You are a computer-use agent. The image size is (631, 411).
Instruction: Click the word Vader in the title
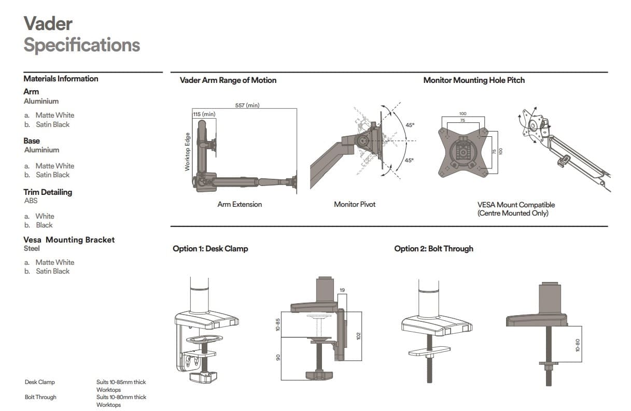[48, 24]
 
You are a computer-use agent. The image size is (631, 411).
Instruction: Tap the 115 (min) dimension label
[204, 114]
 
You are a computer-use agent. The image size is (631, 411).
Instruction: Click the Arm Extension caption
[240, 204]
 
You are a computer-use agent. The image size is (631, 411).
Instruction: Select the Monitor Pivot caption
[355, 204]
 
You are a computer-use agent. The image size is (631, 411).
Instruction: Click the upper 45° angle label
[409, 125]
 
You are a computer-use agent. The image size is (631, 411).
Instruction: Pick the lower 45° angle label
[409, 160]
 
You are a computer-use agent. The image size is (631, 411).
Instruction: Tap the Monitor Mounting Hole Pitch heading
[474, 80]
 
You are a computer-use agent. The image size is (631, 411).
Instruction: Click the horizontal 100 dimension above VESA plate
[463, 114]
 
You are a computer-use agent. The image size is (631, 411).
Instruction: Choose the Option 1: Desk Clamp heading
[210, 249]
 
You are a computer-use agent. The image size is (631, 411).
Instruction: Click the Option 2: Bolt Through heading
[433, 249]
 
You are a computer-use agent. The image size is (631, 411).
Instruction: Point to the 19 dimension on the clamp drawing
[342, 290]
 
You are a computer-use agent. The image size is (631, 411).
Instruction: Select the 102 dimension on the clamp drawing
[359, 336]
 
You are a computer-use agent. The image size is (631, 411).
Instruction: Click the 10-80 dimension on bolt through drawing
[577, 346]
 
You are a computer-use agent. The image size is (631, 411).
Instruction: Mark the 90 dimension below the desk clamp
[278, 358]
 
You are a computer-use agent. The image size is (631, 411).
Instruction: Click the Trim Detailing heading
[48, 192]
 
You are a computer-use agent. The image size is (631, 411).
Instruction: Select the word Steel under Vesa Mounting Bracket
[32, 248]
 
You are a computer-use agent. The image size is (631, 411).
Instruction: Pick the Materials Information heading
[61, 79]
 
